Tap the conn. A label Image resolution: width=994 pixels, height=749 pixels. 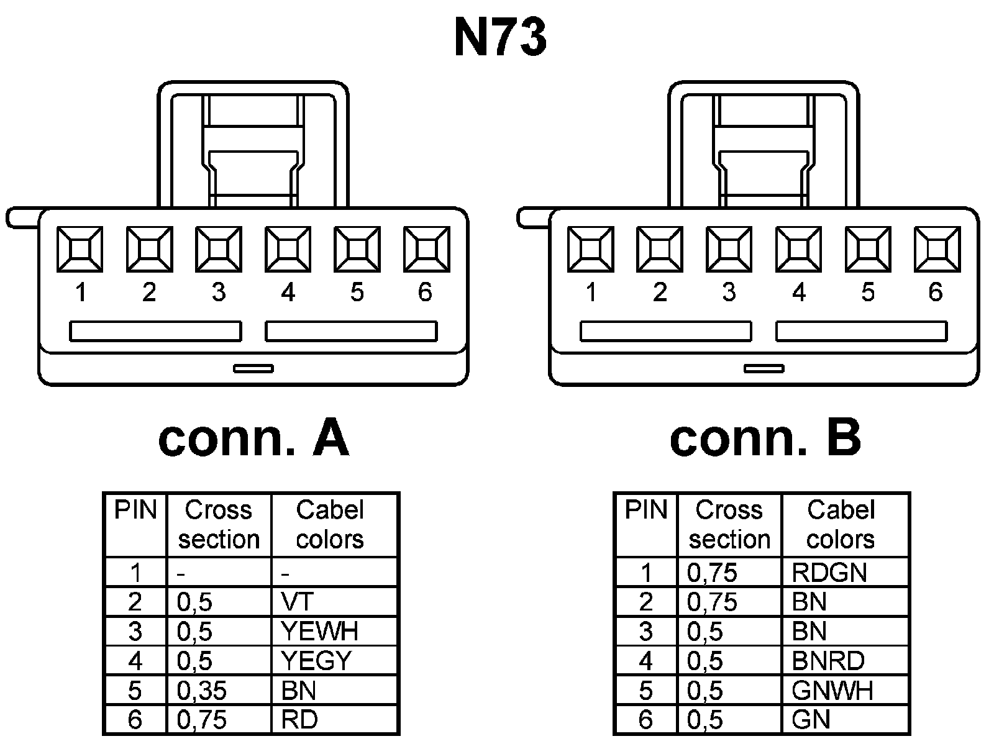[x=253, y=438]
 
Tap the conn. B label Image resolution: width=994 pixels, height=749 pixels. [x=765, y=438]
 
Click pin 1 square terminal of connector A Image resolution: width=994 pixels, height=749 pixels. [x=80, y=249]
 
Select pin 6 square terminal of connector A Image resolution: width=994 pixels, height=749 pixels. [x=426, y=249]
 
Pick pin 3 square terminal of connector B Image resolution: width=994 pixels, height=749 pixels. [x=729, y=249]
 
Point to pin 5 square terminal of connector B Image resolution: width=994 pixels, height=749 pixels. [x=868, y=249]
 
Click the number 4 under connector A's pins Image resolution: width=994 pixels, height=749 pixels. [x=288, y=292]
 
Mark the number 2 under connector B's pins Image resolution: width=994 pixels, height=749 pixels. [x=660, y=292]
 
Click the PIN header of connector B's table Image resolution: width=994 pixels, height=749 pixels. [x=645, y=511]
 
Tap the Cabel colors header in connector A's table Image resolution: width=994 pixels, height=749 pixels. [x=330, y=524]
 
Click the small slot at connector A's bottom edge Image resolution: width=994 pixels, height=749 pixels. [x=253, y=368]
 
